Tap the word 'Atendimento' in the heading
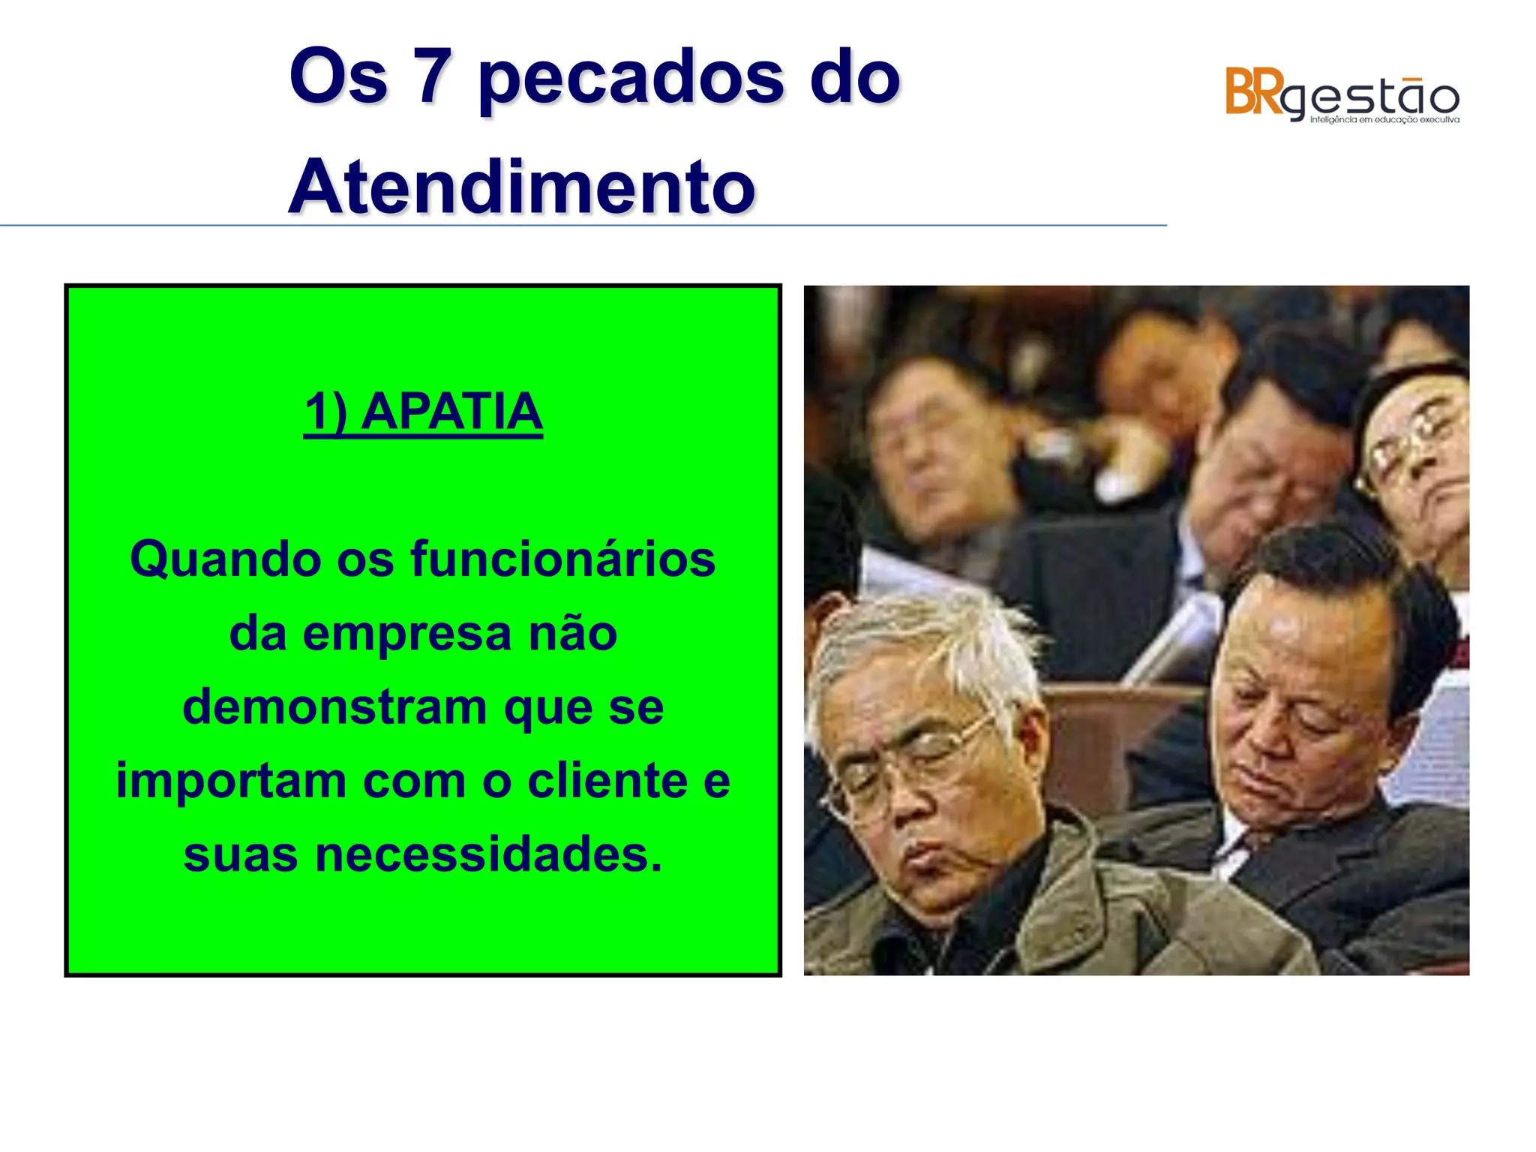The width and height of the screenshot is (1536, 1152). click(x=522, y=187)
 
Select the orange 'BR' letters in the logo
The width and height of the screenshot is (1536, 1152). click(x=1253, y=92)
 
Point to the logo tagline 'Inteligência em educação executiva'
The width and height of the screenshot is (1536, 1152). click(x=1384, y=120)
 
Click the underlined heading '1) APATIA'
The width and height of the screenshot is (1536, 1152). click(x=423, y=412)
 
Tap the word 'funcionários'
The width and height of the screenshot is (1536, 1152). click(x=562, y=559)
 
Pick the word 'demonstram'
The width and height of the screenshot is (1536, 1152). click(x=334, y=707)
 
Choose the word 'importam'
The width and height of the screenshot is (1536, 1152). click(x=231, y=781)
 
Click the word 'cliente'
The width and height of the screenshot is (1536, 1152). click(x=607, y=781)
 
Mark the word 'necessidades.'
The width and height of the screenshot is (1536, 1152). click(x=489, y=855)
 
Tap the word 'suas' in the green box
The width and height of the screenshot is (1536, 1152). click(x=241, y=855)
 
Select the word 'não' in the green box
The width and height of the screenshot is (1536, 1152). click(x=573, y=634)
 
